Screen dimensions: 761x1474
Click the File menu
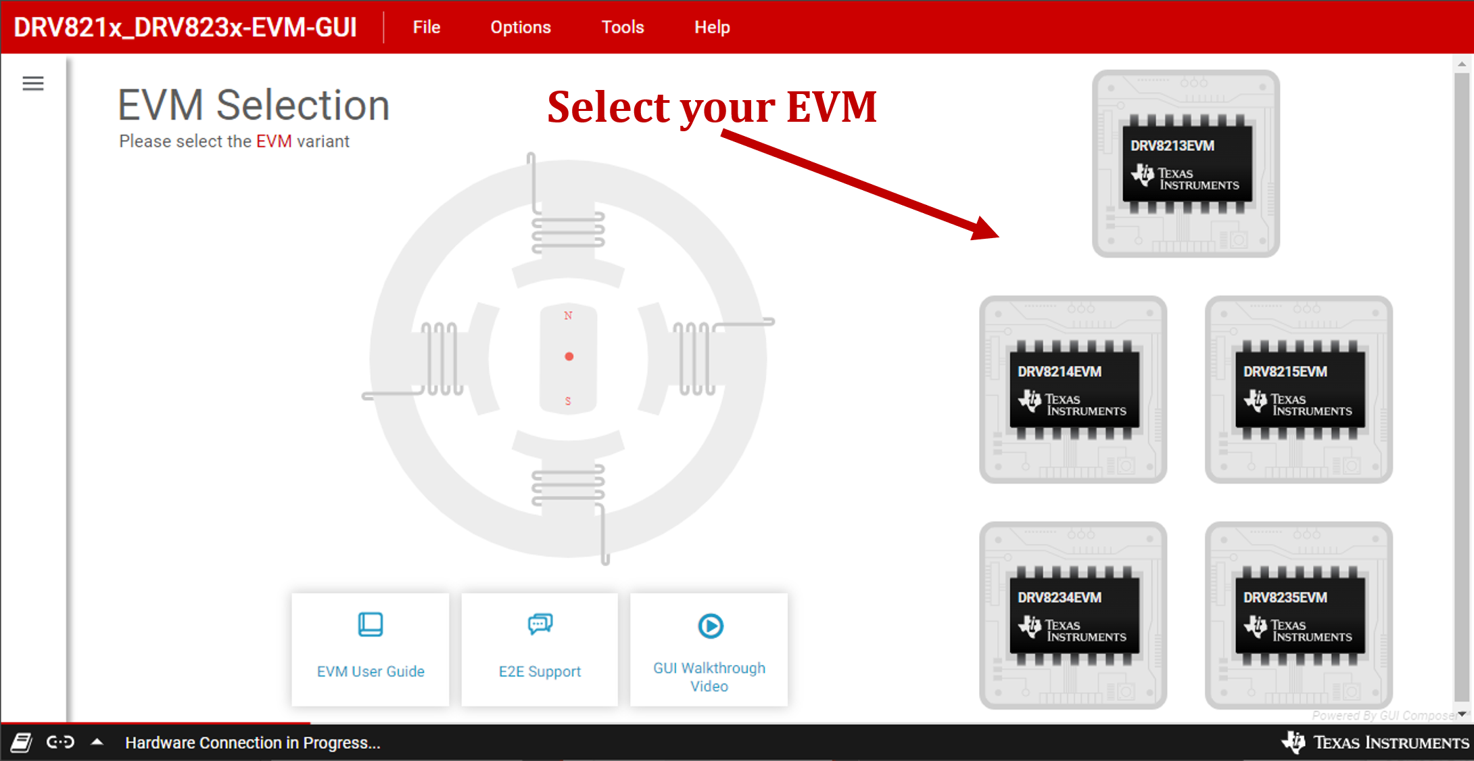pyautogui.click(x=426, y=27)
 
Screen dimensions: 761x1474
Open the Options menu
pyautogui.click(x=520, y=27)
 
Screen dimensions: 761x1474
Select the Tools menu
pyautogui.click(x=622, y=27)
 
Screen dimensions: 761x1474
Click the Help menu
pyautogui.click(x=711, y=27)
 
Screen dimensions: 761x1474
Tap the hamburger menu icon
pyautogui.click(x=32, y=83)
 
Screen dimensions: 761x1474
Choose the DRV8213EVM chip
pyautogui.click(x=1185, y=164)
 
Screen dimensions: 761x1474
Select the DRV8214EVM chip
pyautogui.click(x=1073, y=390)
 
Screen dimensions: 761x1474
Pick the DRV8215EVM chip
pyautogui.click(x=1298, y=390)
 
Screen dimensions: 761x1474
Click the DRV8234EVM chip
pyautogui.click(x=1073, y=616)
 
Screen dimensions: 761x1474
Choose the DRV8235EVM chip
pyautogui.click(x=1298, y=616)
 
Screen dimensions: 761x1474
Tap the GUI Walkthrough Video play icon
pyautogui.click(x=710, y=626)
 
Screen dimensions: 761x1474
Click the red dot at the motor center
pyautogui.click(x=569, y=356)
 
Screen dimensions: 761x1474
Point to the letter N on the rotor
pyautogui.click(x=568, y=315)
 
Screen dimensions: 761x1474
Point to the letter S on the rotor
pyautogui.click(x=568, y=401)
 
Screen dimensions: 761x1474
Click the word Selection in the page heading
pyautogui.click(x=302, y=106)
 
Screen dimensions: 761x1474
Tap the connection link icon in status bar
pyautogui.click(x=60, y=742)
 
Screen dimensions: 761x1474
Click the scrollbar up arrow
pyautogui.click(x=1462, y=64)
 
